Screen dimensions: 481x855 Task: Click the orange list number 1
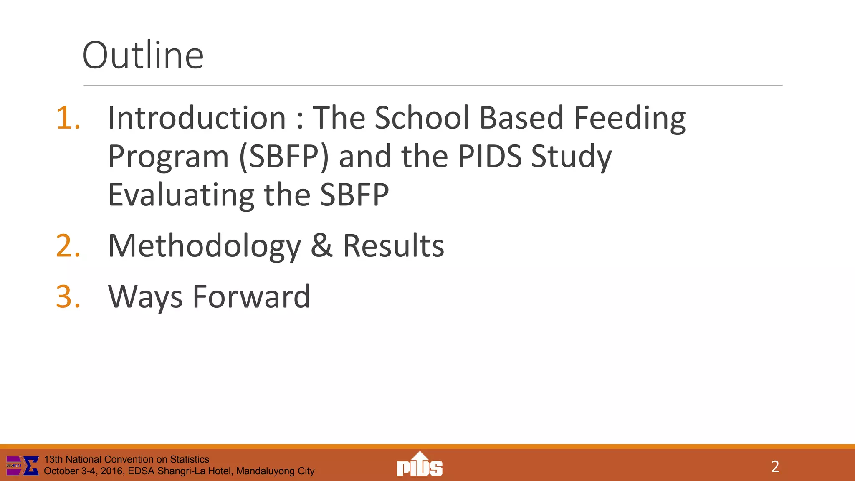click(x=68, y=118)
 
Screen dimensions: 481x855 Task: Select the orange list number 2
click(x=68, y=246)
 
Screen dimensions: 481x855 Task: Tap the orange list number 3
click(x=68, y=296)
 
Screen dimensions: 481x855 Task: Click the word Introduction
click(x=197, y=118)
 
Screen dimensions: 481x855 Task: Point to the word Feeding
click(x=630, y=119)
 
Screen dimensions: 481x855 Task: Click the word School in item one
click(x=422, y=118)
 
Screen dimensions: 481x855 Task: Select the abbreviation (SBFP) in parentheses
click(x=284, y=157)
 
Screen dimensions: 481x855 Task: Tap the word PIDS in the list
click(x=490, y=157)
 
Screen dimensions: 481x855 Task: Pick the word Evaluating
click(x=181, y=195)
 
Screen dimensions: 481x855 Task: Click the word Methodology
click(x=204, y=246)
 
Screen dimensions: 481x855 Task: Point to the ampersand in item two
click(x=321, y=246)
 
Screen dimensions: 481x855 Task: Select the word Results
click(x=393, y=246)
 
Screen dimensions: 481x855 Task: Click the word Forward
click(x=251, y=296)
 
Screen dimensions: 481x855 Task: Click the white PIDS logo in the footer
click(x=420, y=464)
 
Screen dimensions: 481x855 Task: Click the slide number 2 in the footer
click(x=775, y=466)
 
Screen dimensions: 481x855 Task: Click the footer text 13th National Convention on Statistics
click(x=126, y=459)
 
